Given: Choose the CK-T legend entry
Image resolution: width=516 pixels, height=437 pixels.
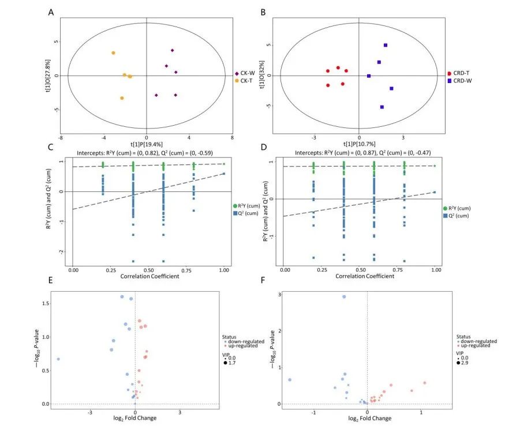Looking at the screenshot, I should click(x=248, y=81).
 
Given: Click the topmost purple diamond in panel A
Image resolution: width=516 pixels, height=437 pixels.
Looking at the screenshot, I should click(x=172, y=51).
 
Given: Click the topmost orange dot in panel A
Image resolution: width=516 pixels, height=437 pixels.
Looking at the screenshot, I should click(x=113, y=53).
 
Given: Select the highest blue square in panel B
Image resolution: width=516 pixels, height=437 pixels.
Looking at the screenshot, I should click(x=385, y=45).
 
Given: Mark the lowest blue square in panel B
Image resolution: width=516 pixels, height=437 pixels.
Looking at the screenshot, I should click(x=382, y=107).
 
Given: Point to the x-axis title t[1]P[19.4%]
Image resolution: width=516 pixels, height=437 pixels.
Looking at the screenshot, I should click(x=147, y=144).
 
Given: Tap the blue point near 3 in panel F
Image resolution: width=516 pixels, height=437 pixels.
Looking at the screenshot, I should click(x=344, y=297).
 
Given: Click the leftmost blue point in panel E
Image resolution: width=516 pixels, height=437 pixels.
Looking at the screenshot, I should click(x=58, y=359).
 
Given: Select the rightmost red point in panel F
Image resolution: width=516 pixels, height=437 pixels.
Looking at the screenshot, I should click(x=424, y=383).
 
